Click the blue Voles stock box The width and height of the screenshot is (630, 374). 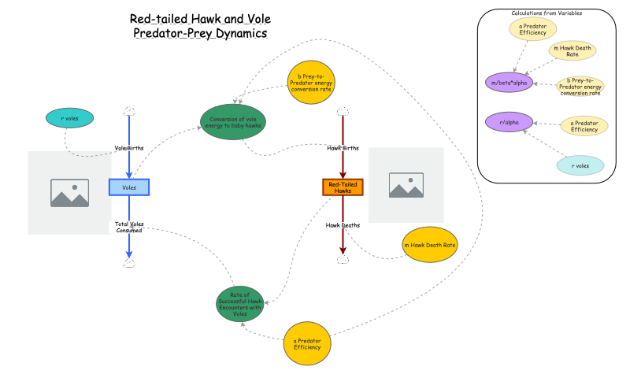tap(129, 187)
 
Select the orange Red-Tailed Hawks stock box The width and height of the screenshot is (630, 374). tap(343, 187)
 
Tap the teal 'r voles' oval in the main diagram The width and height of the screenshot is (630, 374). tap(70, 118)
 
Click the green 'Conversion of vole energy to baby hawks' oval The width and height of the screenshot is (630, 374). tap(233, 123)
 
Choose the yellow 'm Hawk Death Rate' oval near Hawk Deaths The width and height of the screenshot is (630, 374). tap(429, 246)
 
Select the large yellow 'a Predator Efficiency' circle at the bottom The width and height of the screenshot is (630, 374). tap(306, 343)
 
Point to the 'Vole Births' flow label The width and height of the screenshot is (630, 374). tap(129, 148)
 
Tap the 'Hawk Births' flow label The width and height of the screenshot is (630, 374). tap(343, 148)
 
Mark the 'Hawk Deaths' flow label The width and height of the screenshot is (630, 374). tap(343, 225)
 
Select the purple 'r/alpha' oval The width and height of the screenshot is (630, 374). tap(509, 122)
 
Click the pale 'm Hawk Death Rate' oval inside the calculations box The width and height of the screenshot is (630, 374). tap(573, 50)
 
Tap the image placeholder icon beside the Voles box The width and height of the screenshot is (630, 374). tap(69, 191)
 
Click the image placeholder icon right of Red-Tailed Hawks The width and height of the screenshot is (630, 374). tap(406, 185)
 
